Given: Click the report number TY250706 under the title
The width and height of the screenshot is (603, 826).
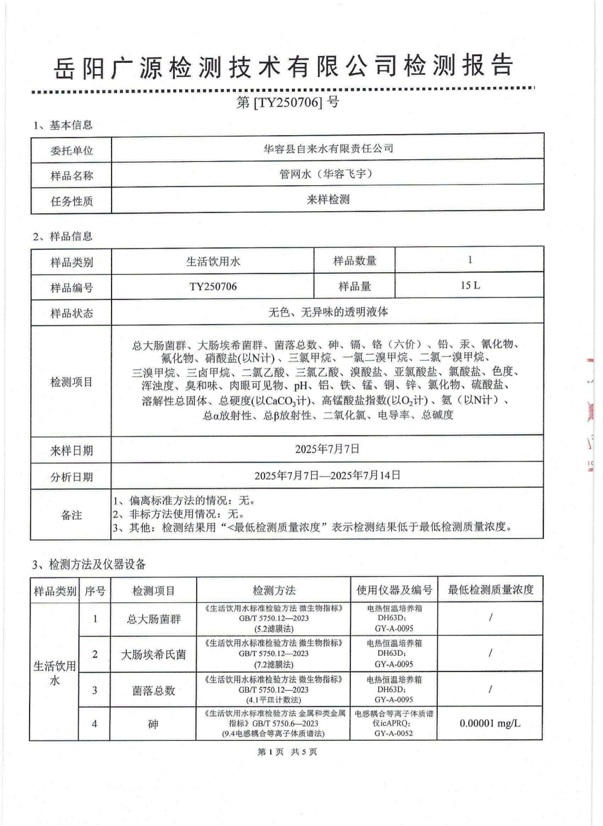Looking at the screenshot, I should coord(288,102).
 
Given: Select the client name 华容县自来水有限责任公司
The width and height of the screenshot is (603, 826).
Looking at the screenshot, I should coord(328,148).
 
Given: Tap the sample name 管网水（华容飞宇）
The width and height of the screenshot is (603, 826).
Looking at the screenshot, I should coord(328,174).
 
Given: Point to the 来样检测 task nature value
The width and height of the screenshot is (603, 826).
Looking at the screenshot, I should coord(328,199).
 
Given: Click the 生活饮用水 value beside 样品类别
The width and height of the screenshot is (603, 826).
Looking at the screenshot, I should coord(213,261).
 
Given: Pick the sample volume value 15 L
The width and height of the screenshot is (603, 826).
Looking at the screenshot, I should coord(470,285).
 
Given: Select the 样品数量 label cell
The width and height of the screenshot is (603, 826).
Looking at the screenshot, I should coord(355,261).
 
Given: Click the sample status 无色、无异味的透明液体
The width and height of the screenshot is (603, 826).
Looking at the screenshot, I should coord(328,312).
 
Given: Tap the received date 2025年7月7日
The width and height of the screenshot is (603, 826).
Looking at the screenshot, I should coord(327,449).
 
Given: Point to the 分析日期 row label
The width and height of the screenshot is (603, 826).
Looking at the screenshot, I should coord(71,477).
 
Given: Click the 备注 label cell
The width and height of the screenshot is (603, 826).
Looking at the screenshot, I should coord(71,515).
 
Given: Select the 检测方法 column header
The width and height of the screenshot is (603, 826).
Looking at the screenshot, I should coord(274,590).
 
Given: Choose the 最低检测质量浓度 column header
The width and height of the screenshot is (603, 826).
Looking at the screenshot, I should coord(490,589).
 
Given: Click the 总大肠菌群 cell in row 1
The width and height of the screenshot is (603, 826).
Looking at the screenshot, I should coord(153,619).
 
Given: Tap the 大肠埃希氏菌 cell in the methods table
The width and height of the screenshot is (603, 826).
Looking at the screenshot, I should coord(153,654).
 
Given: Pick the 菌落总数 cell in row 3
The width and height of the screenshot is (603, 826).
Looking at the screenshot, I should coord(153,690).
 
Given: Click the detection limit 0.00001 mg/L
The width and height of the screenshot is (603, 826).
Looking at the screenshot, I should coord(490,723).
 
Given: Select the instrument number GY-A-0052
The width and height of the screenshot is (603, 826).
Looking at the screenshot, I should coord(394,734).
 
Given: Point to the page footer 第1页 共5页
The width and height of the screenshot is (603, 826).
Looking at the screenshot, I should coord(287,752).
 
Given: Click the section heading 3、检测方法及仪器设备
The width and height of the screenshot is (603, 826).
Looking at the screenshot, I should coord(89,564).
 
